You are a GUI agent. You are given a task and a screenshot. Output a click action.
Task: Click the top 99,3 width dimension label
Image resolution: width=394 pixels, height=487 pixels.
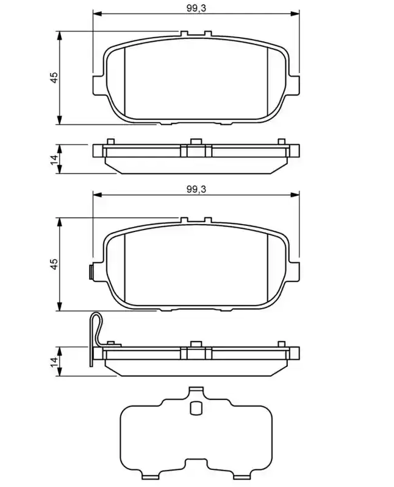(196, 8)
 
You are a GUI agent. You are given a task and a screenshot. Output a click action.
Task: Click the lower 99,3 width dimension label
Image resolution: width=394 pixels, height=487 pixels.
(196, 189)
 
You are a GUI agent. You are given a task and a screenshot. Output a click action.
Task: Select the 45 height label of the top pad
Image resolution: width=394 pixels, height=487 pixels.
(54, 77)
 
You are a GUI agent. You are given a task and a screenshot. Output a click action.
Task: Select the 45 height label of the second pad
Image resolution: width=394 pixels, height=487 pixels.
(54, 264)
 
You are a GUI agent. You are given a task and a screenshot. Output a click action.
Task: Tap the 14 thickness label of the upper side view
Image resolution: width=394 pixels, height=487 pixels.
(54, 159)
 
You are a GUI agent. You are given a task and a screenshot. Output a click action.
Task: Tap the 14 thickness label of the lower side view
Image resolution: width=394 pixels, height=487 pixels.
(54, 362)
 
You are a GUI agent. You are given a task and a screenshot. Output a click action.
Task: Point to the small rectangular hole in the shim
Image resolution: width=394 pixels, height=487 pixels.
(195, 408)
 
